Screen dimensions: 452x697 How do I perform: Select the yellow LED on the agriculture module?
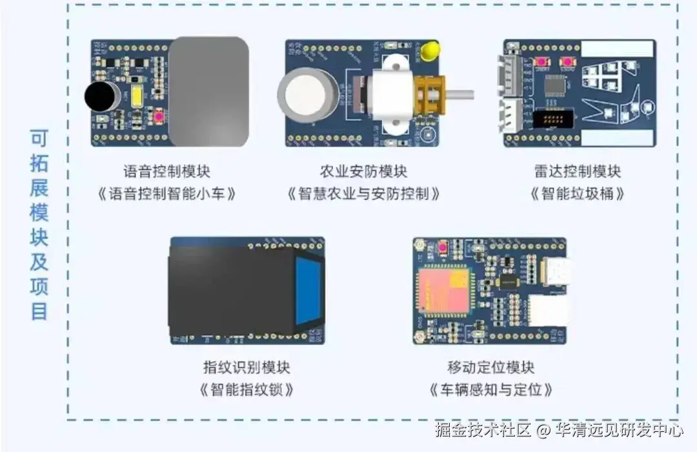(430, 50)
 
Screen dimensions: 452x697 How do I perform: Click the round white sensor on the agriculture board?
(307, 93)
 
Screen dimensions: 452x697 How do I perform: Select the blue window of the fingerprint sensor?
(308, 291)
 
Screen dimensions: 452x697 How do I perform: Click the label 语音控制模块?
(167, 172)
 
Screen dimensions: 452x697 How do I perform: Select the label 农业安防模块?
(364, 172)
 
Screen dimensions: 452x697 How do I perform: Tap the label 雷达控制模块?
(578, 172)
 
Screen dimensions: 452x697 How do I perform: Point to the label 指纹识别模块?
(247, 368)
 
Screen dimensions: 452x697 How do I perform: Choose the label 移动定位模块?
(491, 368)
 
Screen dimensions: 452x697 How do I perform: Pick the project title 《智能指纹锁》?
(247, 390)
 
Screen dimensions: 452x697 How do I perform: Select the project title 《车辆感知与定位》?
(491, 390)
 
